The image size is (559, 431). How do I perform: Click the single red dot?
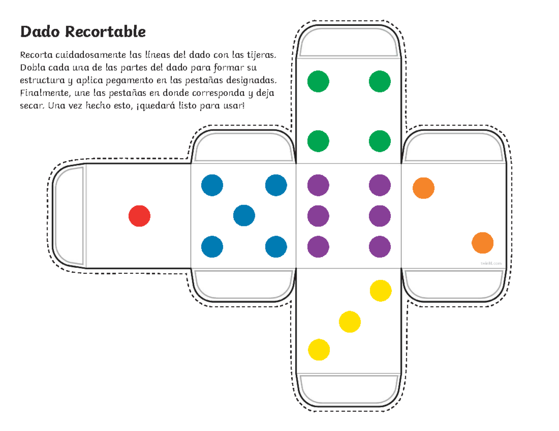(139, 216)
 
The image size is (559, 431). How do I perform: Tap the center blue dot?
(244, 216)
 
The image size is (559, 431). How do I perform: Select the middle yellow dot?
(350, 322)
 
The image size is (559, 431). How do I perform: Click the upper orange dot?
(423, 188)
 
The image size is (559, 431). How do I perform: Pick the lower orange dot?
(483, 243)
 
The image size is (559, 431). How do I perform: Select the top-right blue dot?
(276, 186)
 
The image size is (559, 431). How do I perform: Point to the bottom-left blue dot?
(212, 247)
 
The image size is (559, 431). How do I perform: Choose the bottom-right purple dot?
(380, 247)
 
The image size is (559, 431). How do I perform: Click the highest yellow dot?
(381, 291)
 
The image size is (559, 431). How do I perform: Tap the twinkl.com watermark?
(491, 263)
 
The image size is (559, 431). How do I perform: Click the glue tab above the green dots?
(348, 44)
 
